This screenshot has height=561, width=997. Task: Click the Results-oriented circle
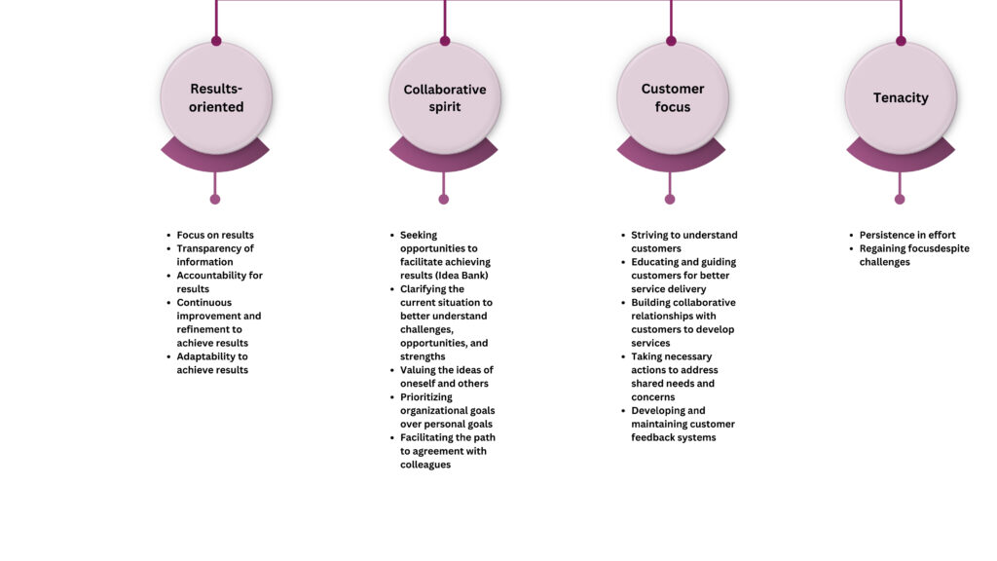216,98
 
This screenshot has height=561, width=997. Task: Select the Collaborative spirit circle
444,98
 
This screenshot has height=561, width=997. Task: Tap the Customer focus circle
672,98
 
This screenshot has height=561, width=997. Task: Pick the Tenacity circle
901,98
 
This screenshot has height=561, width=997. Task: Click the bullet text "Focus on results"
215,235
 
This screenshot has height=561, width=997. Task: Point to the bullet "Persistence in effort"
907,235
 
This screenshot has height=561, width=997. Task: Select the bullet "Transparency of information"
215,255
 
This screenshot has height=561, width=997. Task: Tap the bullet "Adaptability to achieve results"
212,363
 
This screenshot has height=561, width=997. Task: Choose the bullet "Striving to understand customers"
684,242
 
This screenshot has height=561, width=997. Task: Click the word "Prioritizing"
426,397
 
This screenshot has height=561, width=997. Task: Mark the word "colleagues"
425,465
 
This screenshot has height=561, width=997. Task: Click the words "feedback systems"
674,437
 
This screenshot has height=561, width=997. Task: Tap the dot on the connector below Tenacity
899,199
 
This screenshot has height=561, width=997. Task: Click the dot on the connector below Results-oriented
215,199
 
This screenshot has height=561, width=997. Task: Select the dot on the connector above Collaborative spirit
445,41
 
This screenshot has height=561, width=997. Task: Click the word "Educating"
654,262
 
